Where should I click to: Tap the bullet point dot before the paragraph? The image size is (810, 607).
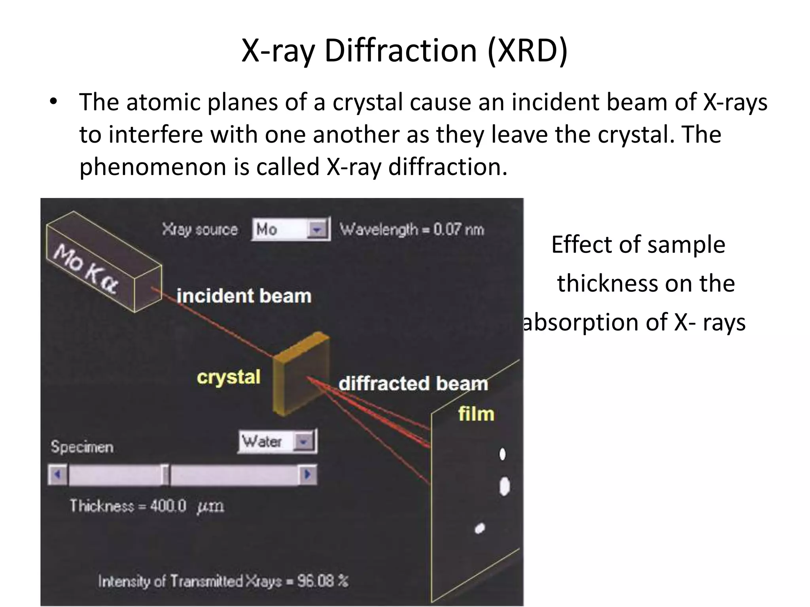pyautogui.click(x=53, y=102)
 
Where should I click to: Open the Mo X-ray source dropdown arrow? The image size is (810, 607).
pyautogui.click(x=317, y=229)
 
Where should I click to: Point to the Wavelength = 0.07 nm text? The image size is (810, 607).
pyautogui.click(x=412, y=229)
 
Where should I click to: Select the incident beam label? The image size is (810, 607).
pyautogui.click(x=244, y=296)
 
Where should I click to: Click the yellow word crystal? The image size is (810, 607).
pyautogui.click(x=229, y=377)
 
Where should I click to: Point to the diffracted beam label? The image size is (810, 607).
pyautogui.click(x=413, y=383)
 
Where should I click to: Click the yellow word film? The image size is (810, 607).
pyautogui.click(x=476, y=414)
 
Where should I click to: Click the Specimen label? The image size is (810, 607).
pyautogui.click(x=82, y=447)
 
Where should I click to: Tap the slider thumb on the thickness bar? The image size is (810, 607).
pyautogui.click(x=165, y=474)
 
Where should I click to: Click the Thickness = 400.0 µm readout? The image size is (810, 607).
pyautogui.click(x=147, y=506)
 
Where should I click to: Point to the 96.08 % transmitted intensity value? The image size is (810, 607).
pyautogui.click(x=323, y=581)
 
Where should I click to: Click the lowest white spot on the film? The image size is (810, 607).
pyautogui.click(x=480, y=528)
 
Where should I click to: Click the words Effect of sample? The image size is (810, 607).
pyautogui.click(x=638, y=245)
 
